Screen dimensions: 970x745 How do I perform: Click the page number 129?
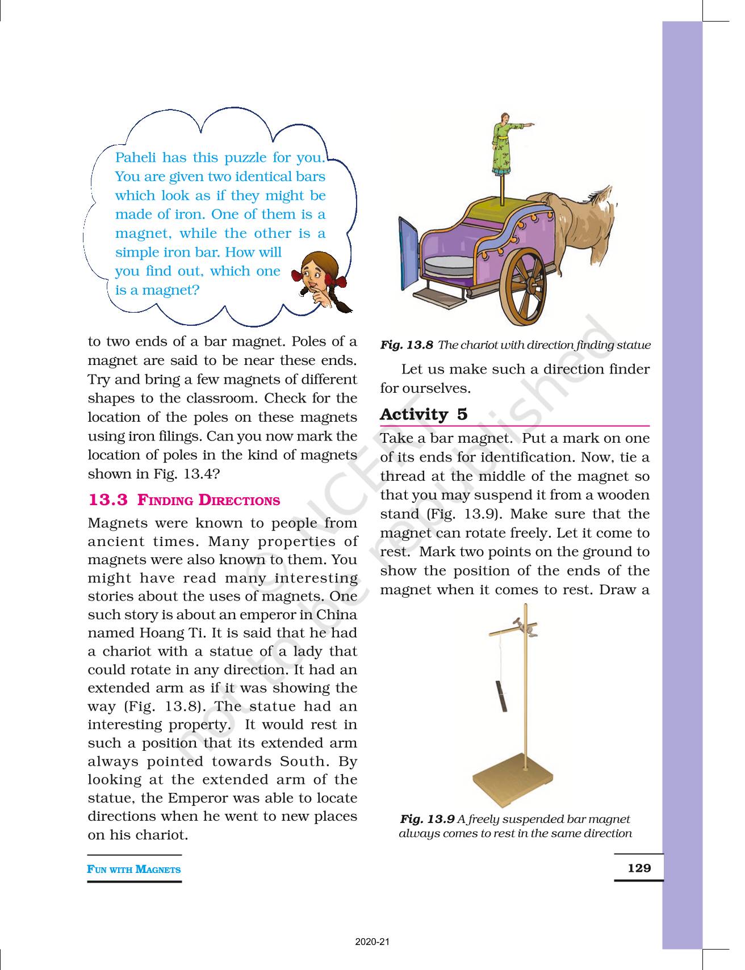click(x=639, y=868)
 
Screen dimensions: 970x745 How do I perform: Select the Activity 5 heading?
click(x=424, y=414)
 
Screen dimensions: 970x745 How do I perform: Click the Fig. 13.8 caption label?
click(x=407, y=345)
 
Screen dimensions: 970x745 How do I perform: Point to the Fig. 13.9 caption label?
click(x=427, y=819)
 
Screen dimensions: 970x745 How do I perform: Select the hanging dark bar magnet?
click(x=502, y=697)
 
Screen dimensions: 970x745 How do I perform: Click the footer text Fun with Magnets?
click(x=134, y=869)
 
